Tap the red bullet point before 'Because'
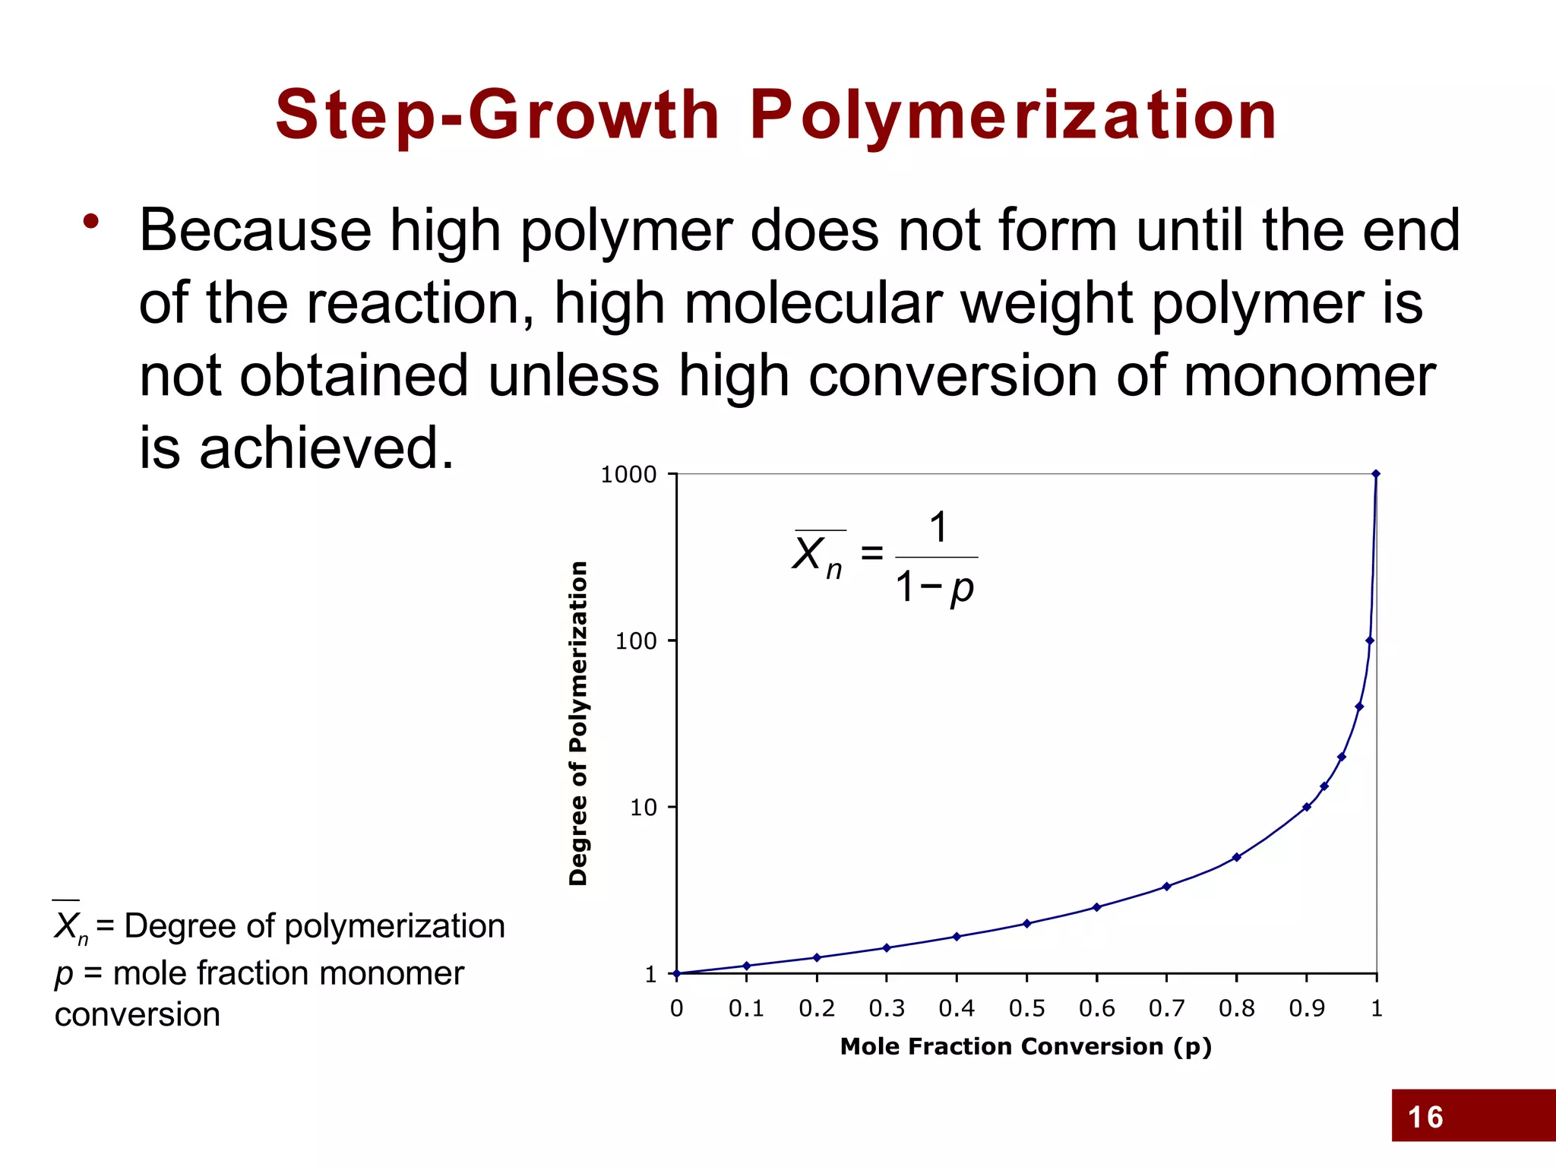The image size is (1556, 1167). tap(91, 222)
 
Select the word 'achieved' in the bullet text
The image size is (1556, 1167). tap(327, 448)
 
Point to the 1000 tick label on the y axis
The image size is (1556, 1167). tap(628, 475)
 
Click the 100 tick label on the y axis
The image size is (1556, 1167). tap(635, 641)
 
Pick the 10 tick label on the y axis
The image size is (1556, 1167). tap(643, 808)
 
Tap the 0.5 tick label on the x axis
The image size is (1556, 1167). tap(1026, 1008)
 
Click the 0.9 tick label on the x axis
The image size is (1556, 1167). tap(1307, 1008)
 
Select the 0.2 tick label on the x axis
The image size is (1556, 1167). tap(817, 1008)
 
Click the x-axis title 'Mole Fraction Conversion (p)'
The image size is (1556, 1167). tap(1026, 1047)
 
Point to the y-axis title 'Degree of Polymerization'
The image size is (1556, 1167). tap(578, 723)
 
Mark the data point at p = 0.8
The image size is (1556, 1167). tap(1237, 857)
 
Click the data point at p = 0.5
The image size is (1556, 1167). tap(1026, 924)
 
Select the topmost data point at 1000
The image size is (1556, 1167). tap(1376, 474)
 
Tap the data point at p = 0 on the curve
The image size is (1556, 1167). tap(677, 973)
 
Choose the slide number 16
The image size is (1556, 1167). tap(1425, 1118)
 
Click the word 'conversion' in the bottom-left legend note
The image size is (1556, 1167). tap(138, 1015)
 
